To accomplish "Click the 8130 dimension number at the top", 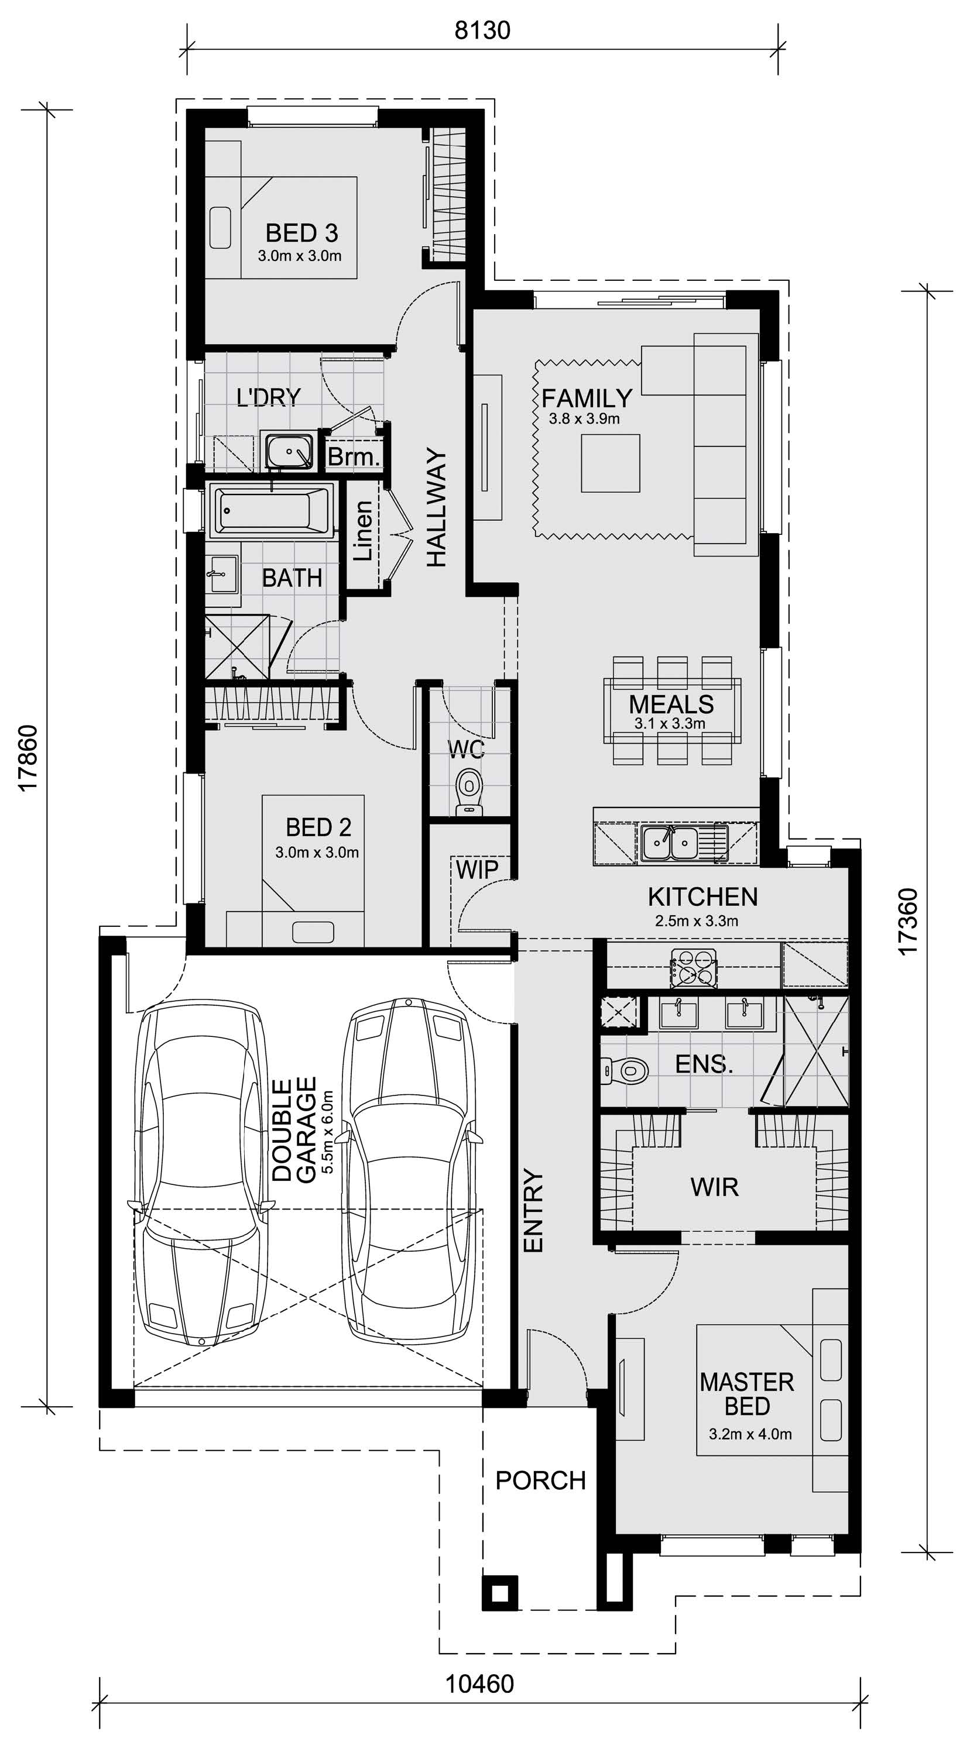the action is (x=482, y=30).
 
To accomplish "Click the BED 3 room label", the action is (x=301, y=233).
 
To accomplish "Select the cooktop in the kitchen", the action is (x=693, y=968).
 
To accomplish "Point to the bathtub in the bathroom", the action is (x=272, y=510).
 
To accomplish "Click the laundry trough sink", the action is (x=289, y=449).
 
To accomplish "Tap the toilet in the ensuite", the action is (x=625, y=1070).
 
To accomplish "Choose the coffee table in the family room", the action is (x=611, y=463).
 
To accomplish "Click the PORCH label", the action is (x=541, y=1480).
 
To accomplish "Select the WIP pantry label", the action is (x=477, y=868).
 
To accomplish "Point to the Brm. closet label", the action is (x=353, y=456).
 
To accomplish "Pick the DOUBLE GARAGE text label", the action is (x=294, y=1129).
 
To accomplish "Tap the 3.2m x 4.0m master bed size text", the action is (x=750, y=1434).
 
